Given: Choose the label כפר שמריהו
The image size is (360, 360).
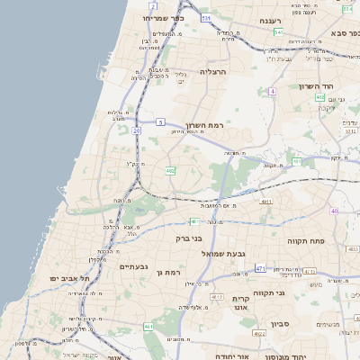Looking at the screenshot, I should (x=162, y=17).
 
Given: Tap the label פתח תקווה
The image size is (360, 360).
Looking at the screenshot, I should (x=306, y=241).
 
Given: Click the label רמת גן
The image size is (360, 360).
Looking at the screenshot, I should (x=168, y=272).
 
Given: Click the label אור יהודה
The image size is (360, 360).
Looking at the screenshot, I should (x=231, y=355).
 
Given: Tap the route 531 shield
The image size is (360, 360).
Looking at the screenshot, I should (x=206, y=18).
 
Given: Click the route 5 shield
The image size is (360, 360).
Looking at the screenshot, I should (x=160, y=121).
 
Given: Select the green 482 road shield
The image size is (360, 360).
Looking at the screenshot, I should (x=169, y=170).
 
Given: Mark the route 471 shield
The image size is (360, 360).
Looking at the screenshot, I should (x=260, y=268).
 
